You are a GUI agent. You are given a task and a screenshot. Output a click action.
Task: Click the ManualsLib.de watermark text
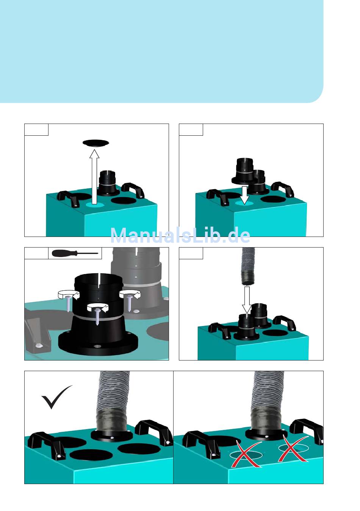click(x=180, y=235)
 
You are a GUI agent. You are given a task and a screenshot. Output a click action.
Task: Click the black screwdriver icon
click(x=75, y=253)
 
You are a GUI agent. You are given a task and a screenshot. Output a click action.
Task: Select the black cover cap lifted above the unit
click(x=95, y=143)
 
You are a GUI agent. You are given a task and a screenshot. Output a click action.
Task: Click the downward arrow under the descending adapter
click(x=244, y=195)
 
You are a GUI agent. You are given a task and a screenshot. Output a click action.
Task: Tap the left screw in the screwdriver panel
click(x=68, y=304)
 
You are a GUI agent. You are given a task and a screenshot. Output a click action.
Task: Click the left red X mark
click(x=246, y=455)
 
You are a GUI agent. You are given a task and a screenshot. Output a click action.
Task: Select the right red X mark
click(x=293, y=448)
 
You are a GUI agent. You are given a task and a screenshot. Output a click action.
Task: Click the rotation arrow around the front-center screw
click(x=98, y=307)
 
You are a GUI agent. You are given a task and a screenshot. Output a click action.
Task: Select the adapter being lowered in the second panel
click(x=243, y=171)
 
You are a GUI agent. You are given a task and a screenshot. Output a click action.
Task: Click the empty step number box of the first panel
click(x=36, y=130)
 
